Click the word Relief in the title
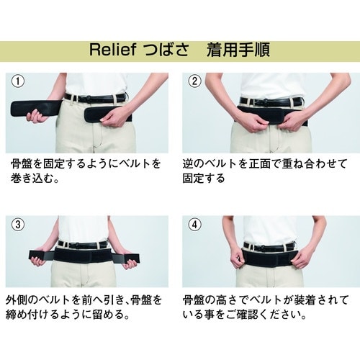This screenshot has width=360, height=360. [x=111, y=52]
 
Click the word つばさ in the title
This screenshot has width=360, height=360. [x=166, y=52]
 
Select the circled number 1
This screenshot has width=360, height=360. [x=19, y=81]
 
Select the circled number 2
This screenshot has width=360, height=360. [x=194, y=81]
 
